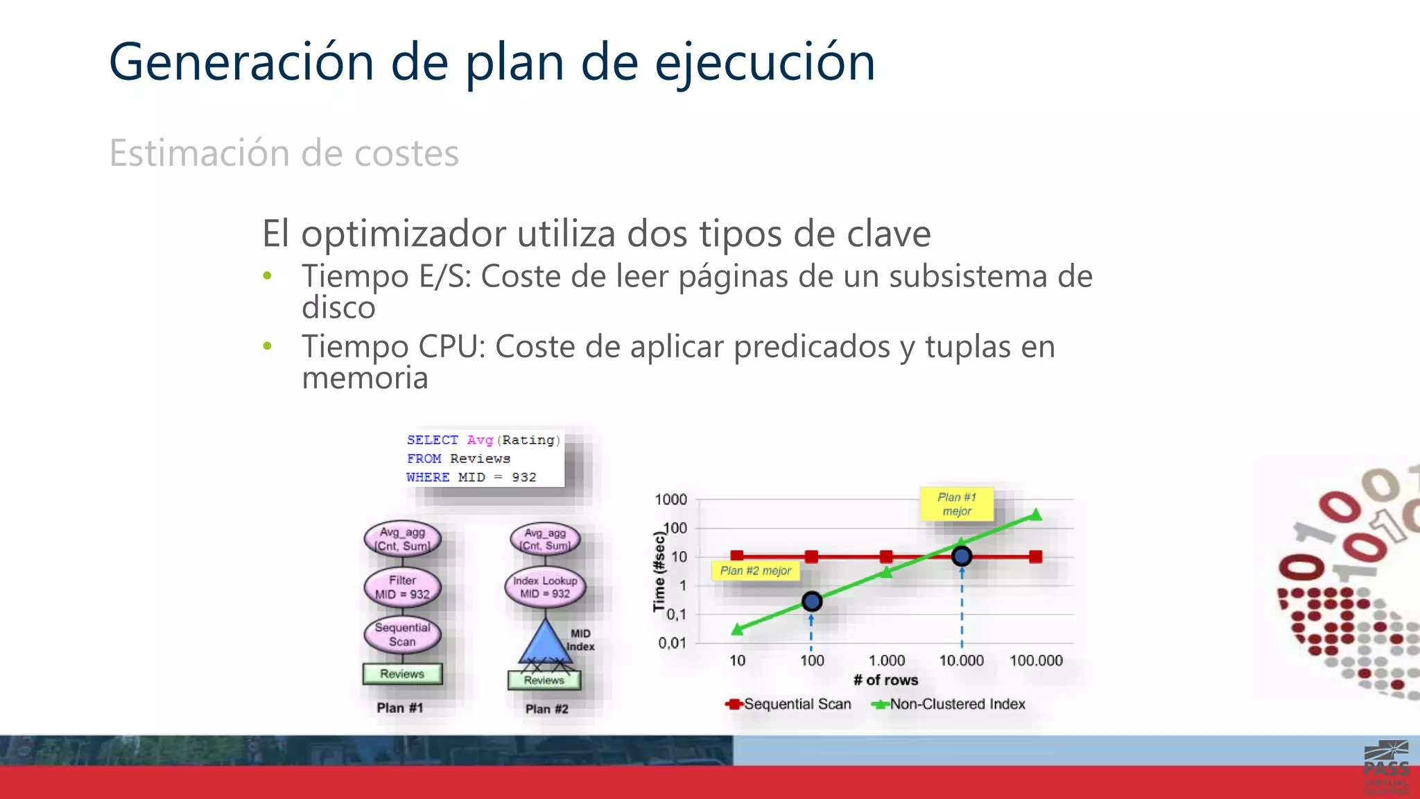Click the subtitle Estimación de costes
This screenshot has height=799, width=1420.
point(284,153)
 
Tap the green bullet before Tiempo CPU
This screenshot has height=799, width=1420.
point(268,346)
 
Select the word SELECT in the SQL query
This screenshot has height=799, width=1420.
point(432,440)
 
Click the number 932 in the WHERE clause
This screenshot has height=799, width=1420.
point(524,477)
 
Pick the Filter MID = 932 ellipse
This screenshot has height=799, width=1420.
point(402,587)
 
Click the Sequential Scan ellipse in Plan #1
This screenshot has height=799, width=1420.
point(402,635)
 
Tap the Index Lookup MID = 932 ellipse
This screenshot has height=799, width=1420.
point(545,587)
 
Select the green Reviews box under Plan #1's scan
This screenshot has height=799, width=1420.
point(402,673)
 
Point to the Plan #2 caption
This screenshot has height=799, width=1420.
point(546,709)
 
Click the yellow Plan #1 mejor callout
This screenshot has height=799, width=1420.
point(957,504)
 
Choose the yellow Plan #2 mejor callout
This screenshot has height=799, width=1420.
point(755,571)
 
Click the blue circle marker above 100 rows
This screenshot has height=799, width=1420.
point(812,601)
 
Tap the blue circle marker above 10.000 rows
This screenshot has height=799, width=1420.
point(962,556)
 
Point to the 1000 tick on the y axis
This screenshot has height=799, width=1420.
point(670,499)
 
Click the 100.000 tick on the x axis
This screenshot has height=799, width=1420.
point(1036,661)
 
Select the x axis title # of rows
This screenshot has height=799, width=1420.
point(885,680)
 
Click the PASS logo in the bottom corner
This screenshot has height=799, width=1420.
point(1386,767)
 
